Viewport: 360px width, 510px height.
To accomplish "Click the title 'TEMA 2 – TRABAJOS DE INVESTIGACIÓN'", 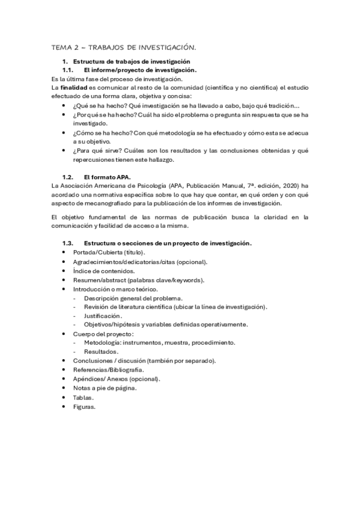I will click(123, 47).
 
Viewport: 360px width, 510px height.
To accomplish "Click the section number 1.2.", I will click(68, 177).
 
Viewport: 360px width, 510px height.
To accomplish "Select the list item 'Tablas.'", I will click(84, 398).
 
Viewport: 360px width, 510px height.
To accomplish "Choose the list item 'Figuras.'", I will click(84, 407).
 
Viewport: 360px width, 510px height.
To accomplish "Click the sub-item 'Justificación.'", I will click(103, 316).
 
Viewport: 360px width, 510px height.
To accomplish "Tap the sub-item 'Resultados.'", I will click(101, 352).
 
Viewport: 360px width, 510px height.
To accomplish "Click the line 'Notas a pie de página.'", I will click(105, 388).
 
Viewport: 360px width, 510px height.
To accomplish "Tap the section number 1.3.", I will click(68, 243).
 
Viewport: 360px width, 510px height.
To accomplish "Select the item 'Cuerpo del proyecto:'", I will click(103, 334).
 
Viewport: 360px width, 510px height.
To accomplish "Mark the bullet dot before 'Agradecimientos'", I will click(65, 262).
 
